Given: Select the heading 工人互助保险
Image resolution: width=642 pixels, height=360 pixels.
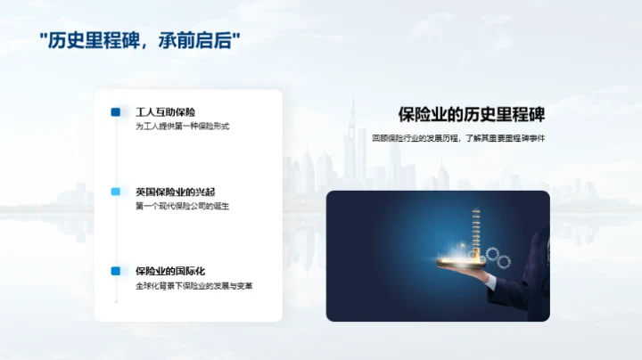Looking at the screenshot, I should (165, 112).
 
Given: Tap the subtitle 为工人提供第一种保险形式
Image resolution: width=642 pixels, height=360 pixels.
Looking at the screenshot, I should (183, 127).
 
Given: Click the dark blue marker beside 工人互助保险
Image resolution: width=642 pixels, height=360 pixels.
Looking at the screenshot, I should (116, 112).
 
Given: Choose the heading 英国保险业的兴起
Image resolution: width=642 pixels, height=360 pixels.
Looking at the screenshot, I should (170, 192).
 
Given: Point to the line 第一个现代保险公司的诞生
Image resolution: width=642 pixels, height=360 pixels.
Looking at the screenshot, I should (183, 206).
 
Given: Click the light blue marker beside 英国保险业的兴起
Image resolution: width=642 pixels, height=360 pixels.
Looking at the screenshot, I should (116, 192).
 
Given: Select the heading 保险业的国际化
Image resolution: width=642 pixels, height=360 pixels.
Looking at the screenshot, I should (170, 271).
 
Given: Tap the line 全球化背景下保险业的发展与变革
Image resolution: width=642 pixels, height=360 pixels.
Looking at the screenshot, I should (194, 286).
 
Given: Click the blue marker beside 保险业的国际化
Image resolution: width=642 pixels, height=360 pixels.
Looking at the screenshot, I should (116, 271).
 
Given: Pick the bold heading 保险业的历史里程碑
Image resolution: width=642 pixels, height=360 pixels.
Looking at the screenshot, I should (472, 115).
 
